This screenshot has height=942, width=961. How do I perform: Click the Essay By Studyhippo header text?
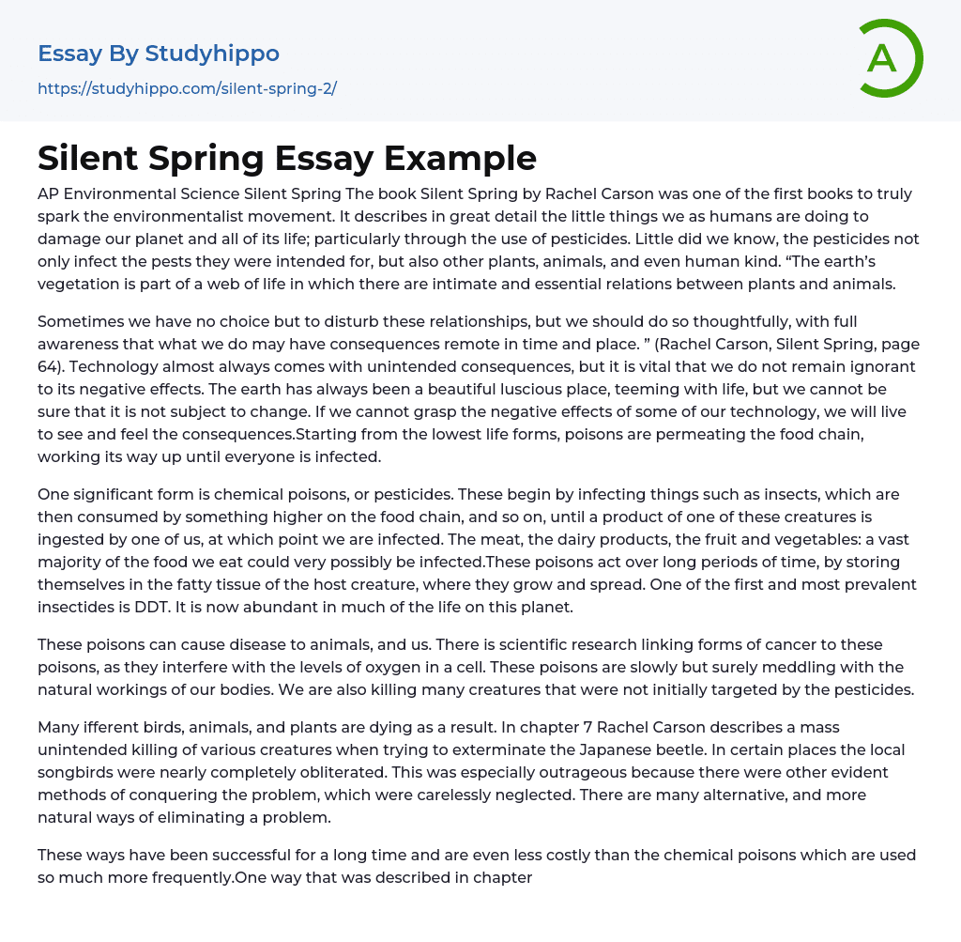(159, 54)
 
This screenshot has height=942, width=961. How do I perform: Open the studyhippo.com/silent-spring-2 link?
(187, 89)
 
